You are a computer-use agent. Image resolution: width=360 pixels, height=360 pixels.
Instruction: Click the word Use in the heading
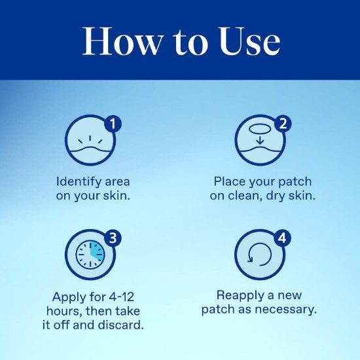[x=250, y=41]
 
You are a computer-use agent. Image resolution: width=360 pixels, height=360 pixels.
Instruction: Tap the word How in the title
[x=122, y=41]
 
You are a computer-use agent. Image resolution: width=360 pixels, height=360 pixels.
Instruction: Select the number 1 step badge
[x=113, y=124]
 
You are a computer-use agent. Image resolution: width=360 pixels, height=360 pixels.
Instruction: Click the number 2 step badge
[x=283, y=124]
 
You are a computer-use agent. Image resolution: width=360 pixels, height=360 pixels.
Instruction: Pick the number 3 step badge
[x=113, y=238]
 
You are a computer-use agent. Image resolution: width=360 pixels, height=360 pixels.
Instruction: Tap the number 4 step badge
[x=283, y=238]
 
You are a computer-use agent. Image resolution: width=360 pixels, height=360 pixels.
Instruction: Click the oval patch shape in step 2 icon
[x=260, y=129]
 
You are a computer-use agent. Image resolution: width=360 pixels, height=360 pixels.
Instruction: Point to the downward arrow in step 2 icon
[x=260, y=140]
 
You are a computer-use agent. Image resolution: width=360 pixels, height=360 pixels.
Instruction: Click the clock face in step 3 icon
[x=90, y=255]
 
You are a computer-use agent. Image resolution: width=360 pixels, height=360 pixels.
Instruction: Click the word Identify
[x=79, y=183]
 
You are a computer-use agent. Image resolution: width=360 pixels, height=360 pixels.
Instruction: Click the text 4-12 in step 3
[x=122, y=297]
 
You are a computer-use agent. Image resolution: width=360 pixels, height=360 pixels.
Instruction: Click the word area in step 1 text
[x=117, y=182]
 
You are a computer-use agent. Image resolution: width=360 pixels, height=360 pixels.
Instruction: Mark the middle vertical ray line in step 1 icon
[x=90, y=138]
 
